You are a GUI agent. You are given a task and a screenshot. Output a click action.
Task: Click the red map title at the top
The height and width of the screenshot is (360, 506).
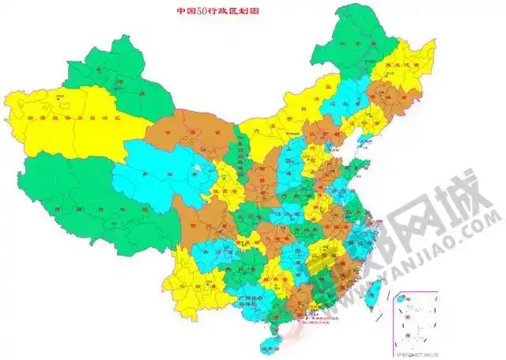[217, 12]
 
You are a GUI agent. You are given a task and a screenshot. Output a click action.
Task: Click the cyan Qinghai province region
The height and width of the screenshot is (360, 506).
[158, 178]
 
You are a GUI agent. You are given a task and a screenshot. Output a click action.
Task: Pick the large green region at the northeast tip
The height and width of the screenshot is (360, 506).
[364, 40]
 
